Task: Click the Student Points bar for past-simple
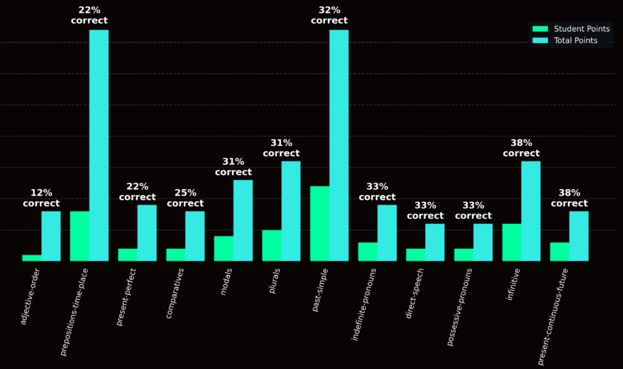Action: point(319,224)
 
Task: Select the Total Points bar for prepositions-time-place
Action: point(99,145)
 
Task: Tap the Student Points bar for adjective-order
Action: point(32,258)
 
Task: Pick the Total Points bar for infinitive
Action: point(531,211)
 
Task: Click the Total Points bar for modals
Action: point(243,220)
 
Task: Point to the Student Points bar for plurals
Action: point(271,246)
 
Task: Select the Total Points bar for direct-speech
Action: point(434,242)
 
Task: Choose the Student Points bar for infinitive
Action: point(512,242)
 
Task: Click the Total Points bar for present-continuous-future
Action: point(579,236)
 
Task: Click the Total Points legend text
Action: point(576,41)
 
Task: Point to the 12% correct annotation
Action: point(41,198)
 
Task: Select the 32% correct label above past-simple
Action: point(329,15)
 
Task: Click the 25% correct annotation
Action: point(185,198)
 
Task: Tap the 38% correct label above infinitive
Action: point(521,148)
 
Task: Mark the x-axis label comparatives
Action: point(175,292)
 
